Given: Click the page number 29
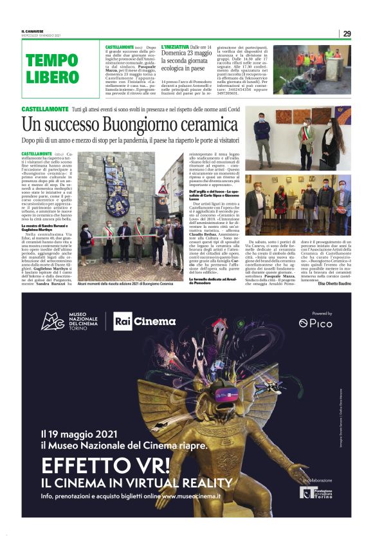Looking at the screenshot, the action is pyautogui.click(x=347, y=33).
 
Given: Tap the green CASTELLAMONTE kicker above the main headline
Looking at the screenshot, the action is pyautogui.click(x=45, y=111).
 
